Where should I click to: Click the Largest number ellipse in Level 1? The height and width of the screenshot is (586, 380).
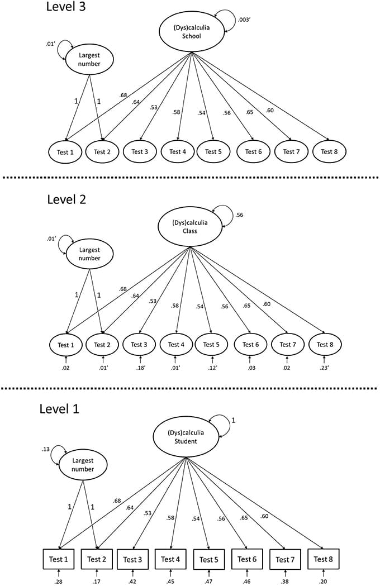point(82,465)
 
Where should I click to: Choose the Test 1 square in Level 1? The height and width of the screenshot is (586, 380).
point(59,559)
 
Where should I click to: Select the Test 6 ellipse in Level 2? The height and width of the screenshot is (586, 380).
point(250,344)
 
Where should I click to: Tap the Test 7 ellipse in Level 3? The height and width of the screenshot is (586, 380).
point(288,151)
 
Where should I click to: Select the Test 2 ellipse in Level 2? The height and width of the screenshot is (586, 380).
point(102,344)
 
